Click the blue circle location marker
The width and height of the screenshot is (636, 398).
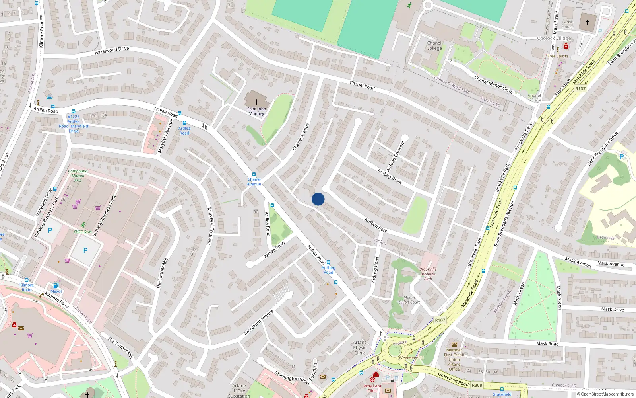pyautogui.click(x=318, y=199)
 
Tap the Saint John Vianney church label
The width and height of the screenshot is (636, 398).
pyautogui.click(x=256, y=111)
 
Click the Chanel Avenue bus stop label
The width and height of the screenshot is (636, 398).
pyautogui.click(x=254, y=181)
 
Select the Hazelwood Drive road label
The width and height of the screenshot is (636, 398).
pyautogui.click(x=112, y=51)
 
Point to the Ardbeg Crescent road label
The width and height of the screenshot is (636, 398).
pyautogui.click(x=396, y=156)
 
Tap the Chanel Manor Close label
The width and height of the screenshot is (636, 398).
pyautogui.click(x=493, y=84)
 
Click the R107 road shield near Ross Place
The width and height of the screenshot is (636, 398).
pyautogui.click(x=580, y=89)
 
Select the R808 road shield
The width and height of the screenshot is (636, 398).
pyautogui.click(x=477, y=385)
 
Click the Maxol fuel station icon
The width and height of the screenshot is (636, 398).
pyautogui.click(x=56, y=285)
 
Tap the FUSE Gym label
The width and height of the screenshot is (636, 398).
pyautogui.click(x=83, y=232)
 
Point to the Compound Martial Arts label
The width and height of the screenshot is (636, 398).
pyautogui.click(x=78, y=176)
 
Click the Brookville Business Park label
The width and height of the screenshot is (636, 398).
pyautogui.click(x=428, y=274)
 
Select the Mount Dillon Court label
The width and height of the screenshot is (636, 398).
pyautogui.click(x=409, y=300)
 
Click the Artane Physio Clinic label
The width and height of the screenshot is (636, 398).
pyautogui.click(x=360, y=347)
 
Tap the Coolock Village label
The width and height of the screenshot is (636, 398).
pyautogui.click(x=554, y=39)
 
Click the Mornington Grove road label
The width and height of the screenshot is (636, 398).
pyautogui.click(x=293, y=378)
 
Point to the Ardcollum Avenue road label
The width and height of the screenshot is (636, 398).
pyautogui.click(x=259, y=322)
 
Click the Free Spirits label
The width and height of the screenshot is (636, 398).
pyautogui.click(x=558, y=56)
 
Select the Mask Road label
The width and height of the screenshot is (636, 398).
pyautogui.click(x=547, y=343)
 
